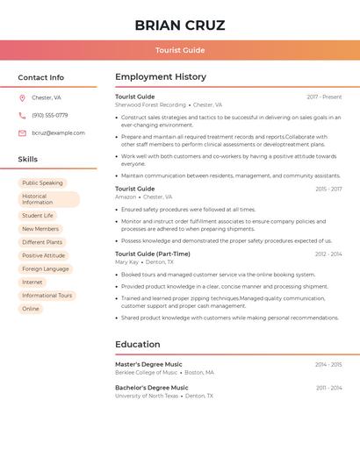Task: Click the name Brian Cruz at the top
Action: (180, 25)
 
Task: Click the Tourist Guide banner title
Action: (180, 50)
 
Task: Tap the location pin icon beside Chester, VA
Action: (22, 98)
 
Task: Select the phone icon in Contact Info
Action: (22, 115)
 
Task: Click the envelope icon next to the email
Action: (22, 133)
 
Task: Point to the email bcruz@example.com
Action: (58, 133)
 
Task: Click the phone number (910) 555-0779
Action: (49, 115)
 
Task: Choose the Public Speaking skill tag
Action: (42, 183)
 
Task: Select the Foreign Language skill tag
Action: (46, 269)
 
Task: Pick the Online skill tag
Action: (31, 309)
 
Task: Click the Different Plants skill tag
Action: (42, 242)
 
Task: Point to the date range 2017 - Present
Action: (324, 97)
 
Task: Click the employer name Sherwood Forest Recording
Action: (150, 104)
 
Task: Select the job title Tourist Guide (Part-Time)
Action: (152, 254)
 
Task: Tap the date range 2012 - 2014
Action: (328, 254)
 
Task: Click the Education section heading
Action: (137, 345)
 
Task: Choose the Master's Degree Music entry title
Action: (148, 364)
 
